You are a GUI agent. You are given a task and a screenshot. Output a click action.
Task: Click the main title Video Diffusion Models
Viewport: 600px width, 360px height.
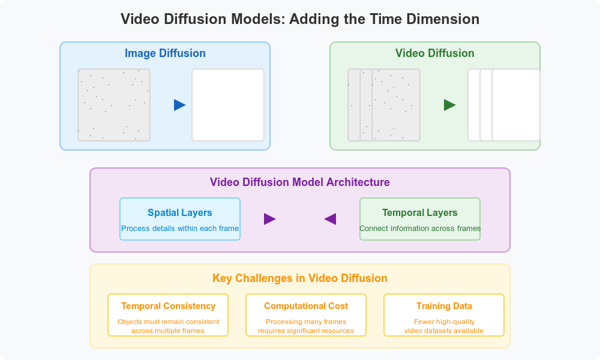[x=300, y=19]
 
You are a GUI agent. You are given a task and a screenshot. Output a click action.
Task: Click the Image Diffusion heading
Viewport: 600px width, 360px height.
[x=165, y=53]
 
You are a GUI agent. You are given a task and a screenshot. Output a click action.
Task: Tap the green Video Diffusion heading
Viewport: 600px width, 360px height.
[x=435, y=53]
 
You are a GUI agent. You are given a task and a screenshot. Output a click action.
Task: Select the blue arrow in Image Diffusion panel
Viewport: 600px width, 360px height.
[x=179, y=105]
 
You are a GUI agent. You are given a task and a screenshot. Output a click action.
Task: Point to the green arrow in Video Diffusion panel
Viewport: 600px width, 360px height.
[x=449, y=105]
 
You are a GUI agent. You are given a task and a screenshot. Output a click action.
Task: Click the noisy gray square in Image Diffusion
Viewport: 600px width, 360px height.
[x=114, y=105]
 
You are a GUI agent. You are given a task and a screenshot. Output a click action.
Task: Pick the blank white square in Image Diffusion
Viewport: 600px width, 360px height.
[x=228, y=105]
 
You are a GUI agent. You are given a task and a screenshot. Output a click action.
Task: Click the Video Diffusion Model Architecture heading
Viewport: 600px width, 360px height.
[x=300, y=182]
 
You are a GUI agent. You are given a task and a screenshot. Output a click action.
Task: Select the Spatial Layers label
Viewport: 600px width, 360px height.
[x=180, y=213]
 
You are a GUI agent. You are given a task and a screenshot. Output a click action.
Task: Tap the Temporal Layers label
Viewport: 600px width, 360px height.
[x=420, y=213]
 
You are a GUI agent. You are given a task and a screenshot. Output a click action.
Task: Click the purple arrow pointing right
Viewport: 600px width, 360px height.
[x=269, y=219]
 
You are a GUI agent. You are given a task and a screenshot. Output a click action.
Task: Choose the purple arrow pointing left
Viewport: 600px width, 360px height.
[x=330, y=219]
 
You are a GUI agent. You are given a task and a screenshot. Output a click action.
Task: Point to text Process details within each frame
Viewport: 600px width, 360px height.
[x=180, y=229]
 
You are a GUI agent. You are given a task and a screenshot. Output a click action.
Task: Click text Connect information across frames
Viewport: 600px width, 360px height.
[x=420, y=229]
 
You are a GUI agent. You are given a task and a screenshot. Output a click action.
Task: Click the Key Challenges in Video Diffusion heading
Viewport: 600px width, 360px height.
[x=300, y=278]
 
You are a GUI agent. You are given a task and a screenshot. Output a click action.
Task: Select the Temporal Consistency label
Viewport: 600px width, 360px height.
[x=168, y=306]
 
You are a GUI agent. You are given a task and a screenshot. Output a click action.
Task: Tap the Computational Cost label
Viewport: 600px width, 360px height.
[x=306, y=306]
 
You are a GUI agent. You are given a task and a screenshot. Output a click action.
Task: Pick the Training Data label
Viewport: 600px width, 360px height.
[x=444, y=306]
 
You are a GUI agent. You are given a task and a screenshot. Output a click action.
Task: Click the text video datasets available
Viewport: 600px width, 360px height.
[x=444, y=331]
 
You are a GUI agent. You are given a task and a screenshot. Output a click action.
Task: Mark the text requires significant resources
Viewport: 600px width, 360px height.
[x=306, y=331]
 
